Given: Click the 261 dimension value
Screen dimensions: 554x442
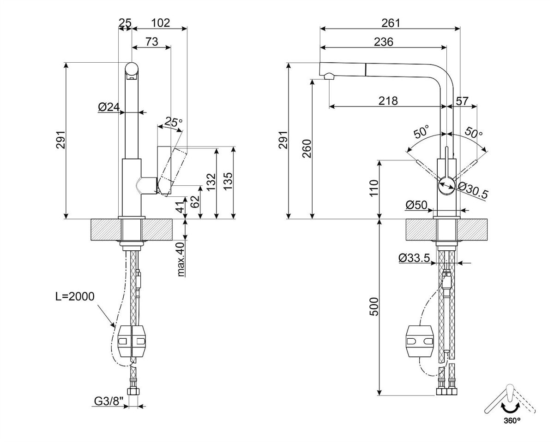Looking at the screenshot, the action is click(391, 23).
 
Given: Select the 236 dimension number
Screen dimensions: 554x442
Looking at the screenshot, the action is click(384, 42).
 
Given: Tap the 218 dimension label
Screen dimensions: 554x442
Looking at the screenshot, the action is click(388, 101).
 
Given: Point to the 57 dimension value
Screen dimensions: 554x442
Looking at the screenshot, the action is click(462, 101).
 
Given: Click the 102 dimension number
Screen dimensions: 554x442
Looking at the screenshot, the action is click(160, 23).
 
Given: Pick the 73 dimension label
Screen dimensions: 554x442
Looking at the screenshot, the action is click(151, 41).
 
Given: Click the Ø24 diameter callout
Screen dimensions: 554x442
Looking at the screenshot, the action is click(109, 107).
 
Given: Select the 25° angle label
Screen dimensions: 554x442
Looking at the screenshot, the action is click(174, 122).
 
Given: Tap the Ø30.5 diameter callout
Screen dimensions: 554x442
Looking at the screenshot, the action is click(473, 190).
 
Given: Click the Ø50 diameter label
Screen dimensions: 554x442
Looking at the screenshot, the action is click(416, 205).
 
